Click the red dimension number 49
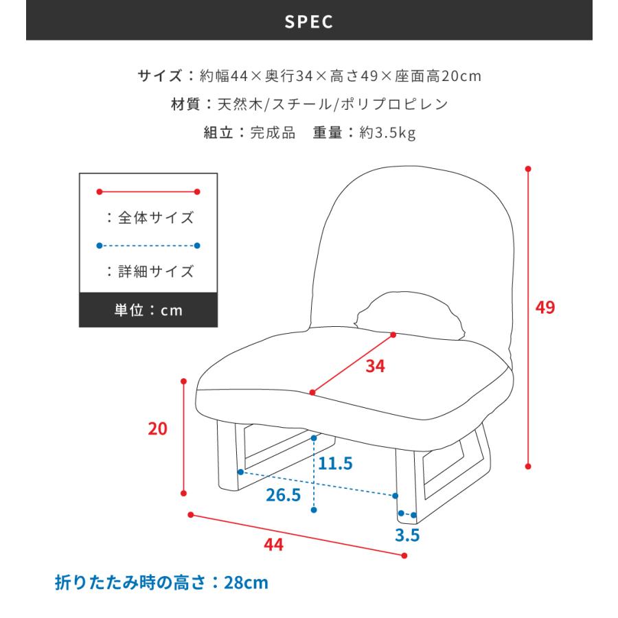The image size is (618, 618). tap(545, 308)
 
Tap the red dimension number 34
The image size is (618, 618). tap(375, 367)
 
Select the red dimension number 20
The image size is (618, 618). tap(157, 429)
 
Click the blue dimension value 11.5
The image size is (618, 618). tap(334, 463)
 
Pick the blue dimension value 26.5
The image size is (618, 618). tap(282, 495)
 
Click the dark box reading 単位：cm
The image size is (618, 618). tap(148, 310)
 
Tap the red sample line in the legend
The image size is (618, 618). tap(148, 192)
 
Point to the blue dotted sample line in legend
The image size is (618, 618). tap(148, 245)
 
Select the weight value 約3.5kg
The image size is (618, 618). tap(387, 133)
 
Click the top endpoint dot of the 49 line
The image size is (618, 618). tap(528, 168)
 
